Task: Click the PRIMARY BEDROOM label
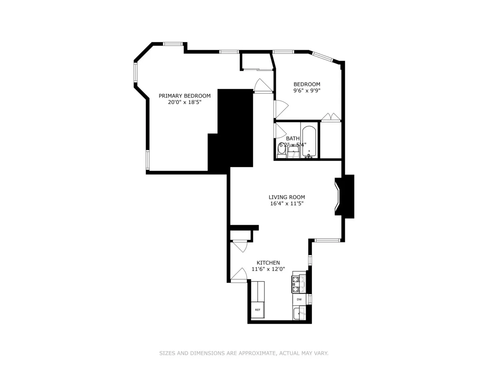pyautogui.click(x=185, y=96)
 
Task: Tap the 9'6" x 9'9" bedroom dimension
pyautogui.click(x=307, y=91)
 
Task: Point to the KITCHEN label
pyautogui.click(x=268, y=263)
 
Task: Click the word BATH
pyautogui.click(x=292, y=138)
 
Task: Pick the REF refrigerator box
pyautogui.click(x=257, y=310)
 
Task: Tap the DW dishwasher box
pyautogui.click(x=299, y=300)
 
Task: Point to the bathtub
pyautogui.click(x=310, y=142)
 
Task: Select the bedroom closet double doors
pyautogui.click(x=331, y=118)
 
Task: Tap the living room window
pyautogui.click(x=327, y=240)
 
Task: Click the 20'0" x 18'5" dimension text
pyautogui.click(x=185, y=102)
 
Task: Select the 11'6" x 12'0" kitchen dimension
pyautogui.click(x=268, y=269)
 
